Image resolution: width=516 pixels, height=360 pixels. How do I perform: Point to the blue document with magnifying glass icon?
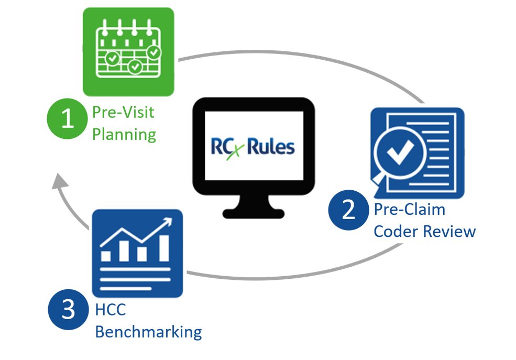416,151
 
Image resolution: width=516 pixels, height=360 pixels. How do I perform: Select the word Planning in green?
124,134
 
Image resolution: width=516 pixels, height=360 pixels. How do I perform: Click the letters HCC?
111,310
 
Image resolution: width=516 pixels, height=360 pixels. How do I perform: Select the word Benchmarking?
148,332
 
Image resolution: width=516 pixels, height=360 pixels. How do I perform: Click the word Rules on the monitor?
271,146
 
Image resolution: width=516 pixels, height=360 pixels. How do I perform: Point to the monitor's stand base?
254,213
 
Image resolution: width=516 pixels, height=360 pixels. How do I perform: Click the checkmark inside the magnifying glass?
403,152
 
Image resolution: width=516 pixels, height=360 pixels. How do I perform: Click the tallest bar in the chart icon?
164,248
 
